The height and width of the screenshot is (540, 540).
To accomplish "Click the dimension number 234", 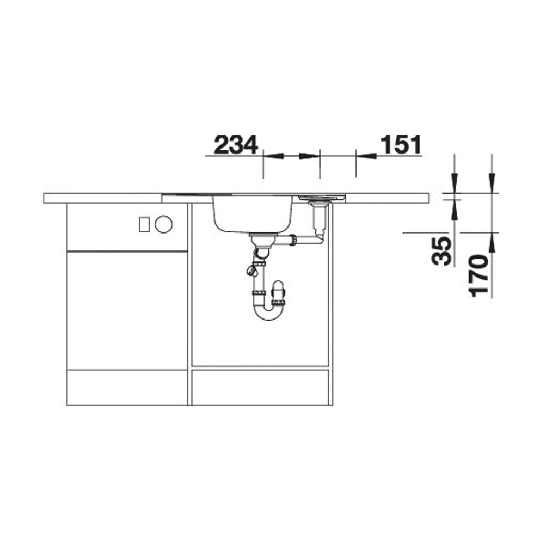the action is point(236,145).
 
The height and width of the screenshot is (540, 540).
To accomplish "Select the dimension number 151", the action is point(401,145).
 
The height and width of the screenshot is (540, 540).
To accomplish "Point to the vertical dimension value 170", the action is point(479,275).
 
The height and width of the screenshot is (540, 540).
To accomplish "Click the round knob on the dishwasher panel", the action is point(164,224).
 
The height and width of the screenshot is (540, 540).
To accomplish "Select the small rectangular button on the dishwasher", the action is point(144,224).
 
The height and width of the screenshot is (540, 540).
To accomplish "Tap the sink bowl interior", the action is point(253,214).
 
